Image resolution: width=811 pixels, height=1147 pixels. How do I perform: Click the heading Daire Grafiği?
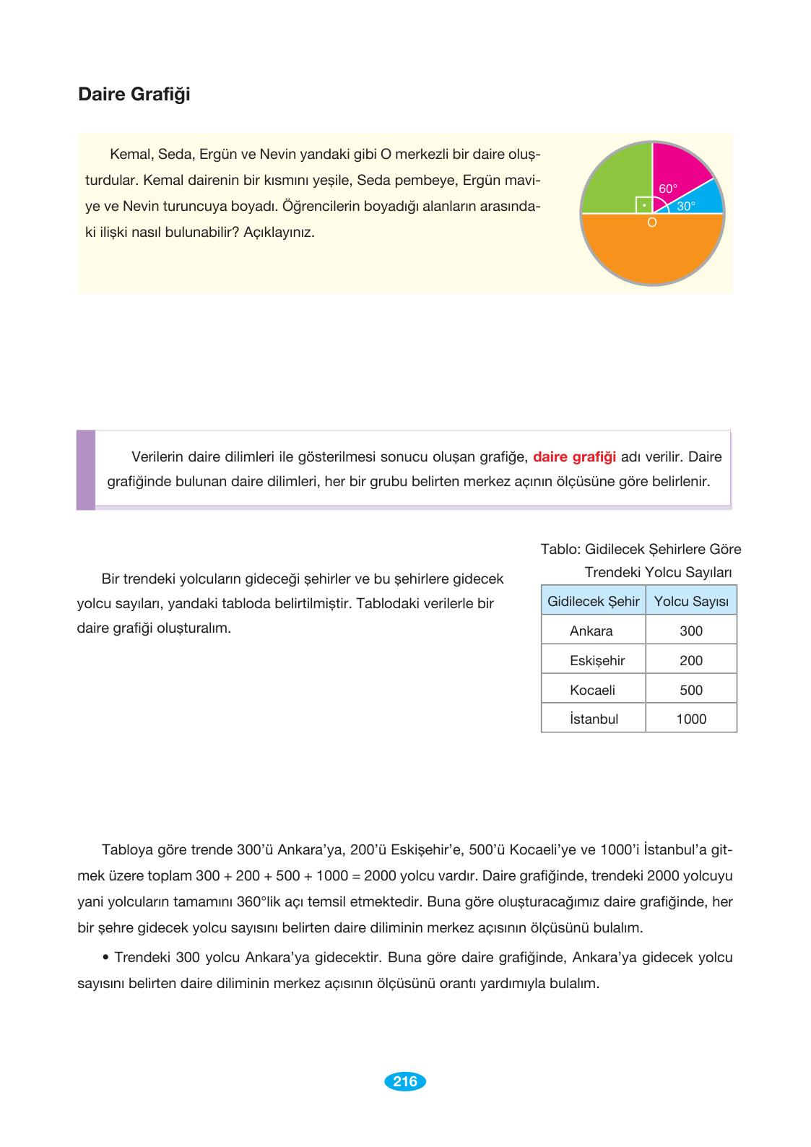[134, 95]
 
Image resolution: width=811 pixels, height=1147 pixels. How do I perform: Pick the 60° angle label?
[668, 189]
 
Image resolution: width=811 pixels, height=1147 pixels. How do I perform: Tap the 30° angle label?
[686, 207]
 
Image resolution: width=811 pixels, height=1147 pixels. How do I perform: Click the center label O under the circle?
[652, 223]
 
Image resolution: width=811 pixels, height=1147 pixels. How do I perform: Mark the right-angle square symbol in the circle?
[643, 205]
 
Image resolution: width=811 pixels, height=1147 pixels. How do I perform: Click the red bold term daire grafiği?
[574, 457]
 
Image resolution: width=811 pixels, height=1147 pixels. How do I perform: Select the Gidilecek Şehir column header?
[593, 602]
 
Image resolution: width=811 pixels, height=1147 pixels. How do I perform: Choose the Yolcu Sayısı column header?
[691, 602]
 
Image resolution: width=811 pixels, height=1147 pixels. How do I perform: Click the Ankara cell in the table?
[591, 631]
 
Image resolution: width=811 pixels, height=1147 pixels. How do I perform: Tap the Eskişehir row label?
[597, 661]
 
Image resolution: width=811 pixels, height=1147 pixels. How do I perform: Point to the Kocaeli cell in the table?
[592, 691]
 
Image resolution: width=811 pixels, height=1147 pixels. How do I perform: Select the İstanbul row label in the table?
[594, 719]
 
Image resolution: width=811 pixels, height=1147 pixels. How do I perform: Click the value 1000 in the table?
[691, 719]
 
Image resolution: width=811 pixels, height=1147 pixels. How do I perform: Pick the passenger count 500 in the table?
[691, 691]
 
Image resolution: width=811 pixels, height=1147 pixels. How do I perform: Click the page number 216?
[405, 1081]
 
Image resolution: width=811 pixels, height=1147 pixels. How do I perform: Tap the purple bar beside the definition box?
[86, 470]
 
